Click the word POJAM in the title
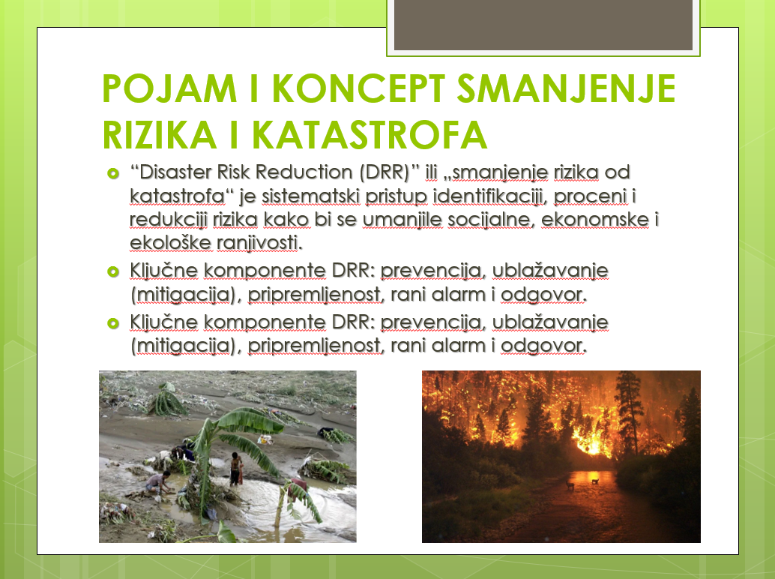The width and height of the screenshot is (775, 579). coord(169,88)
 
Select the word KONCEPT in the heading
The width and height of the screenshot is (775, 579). coord(358,88)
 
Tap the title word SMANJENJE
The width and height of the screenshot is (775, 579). coord(566,88)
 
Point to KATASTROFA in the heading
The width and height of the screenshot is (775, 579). coord(370,134)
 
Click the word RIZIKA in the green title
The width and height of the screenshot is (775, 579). coord(159,134)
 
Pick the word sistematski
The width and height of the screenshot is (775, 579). coord(310,196)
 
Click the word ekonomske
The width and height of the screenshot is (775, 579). coord(595,220)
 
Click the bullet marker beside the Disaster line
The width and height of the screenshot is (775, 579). coord(113,173)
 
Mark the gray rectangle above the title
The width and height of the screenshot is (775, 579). coord(543,25)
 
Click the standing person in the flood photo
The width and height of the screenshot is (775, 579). coord(236,468)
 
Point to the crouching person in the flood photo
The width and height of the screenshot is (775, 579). coord(159,482)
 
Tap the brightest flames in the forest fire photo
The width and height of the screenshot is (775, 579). coord(591,443)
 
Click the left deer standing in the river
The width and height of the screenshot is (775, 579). coord(570,485)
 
